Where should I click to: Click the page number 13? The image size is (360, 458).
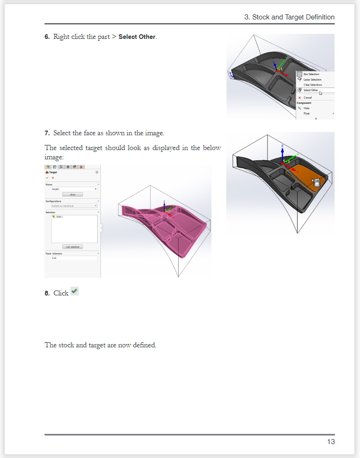pos(331,442)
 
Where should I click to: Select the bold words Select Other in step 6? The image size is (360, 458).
pos(137,37)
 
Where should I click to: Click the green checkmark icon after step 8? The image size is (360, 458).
pos(74,291)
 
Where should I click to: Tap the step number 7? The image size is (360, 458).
pos(47,133)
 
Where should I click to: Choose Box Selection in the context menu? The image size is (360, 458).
pos(311,74)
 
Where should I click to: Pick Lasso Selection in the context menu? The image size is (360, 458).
pos(312,80)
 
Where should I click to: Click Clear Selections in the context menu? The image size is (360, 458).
pos(312,85)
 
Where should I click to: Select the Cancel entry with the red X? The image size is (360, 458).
pos(307,98)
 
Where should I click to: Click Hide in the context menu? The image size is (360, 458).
pos(306,108)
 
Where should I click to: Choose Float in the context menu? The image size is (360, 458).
pos(306,113)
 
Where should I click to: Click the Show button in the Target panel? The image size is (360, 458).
pos(73,194)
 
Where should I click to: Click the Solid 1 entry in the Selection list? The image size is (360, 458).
pos(59,217)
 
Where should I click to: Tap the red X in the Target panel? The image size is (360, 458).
pos(53,178)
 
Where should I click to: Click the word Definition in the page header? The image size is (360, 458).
pos(318,17)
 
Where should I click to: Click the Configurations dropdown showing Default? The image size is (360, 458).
pos(74,206)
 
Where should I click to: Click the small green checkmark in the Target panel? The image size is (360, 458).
pos(47,178)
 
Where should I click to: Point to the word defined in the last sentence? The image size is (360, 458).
pos(144,345)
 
